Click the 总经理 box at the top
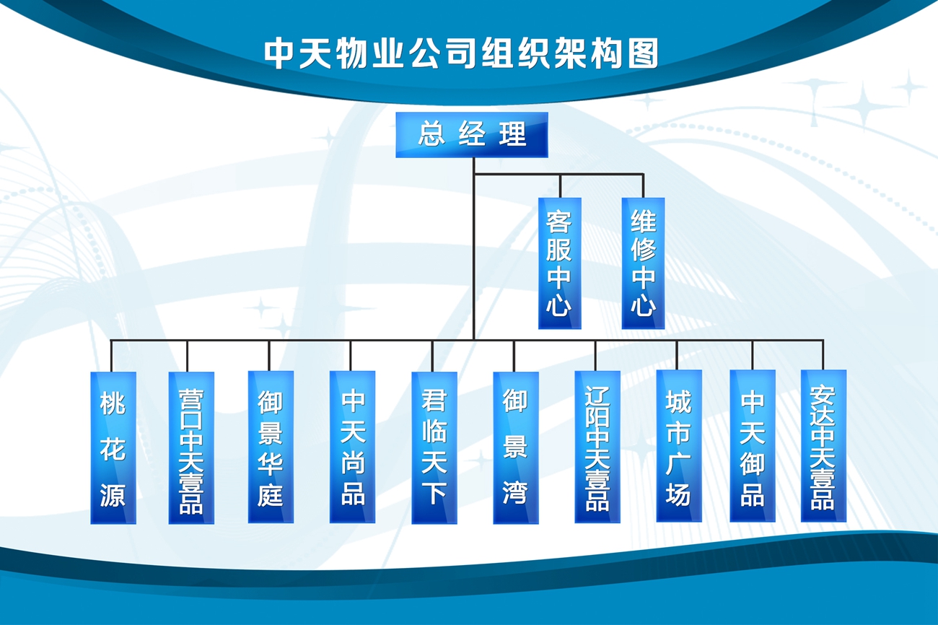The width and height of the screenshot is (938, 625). pyautogui.click(x=471, y=135)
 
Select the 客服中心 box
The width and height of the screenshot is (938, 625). pyautogui.click(x=559, y=263)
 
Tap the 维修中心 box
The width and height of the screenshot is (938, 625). pyautogui.click(x=643, y=263)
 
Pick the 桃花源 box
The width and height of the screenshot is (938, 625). pyautogui.click(x=113, y=447)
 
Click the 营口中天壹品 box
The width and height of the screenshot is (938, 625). pyautogui.click(x=191, y=447)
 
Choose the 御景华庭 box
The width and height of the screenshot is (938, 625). pyautogui.click(x=271, y=447)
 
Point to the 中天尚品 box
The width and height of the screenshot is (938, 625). pyautogui.click(x=352, y=447)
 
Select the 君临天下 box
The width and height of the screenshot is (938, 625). pyautogui.click(x=434, y=447)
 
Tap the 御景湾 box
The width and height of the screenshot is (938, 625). pyautogui.click(x=515, y=447)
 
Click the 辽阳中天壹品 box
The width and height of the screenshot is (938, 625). pyautogui.click(x=597, y=447)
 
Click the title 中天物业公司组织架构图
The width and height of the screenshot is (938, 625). pyautogui.click(x=461, y=53)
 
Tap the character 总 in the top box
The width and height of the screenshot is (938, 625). pyautogui.click(x=431, y=135)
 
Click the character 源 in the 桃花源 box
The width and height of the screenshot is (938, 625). pyautogui.click(x=113, y=494)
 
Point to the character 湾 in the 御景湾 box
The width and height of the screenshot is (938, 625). pyautogui.click(x=515, y=493)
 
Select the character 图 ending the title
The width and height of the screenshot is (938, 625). pyautogui.click(x=644, y=53)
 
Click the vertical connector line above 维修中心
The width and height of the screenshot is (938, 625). pyautogui.click(x=643, y=185)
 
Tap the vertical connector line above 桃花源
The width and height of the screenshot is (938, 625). pyautogui.click(x=112, y=356)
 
